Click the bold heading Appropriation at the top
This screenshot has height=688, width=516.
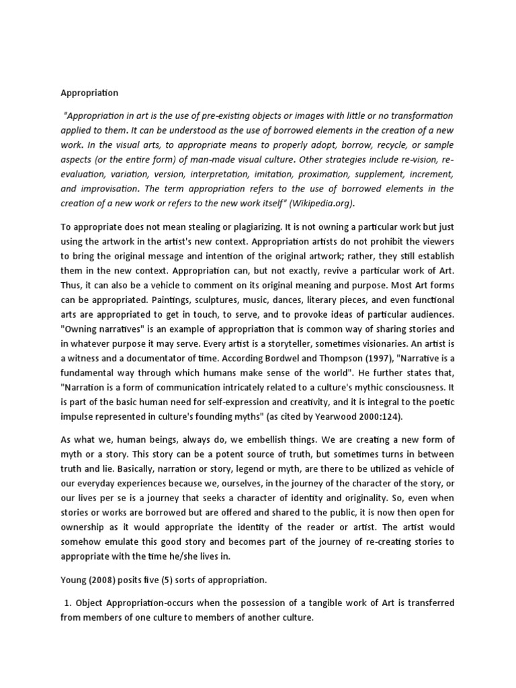89,93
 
